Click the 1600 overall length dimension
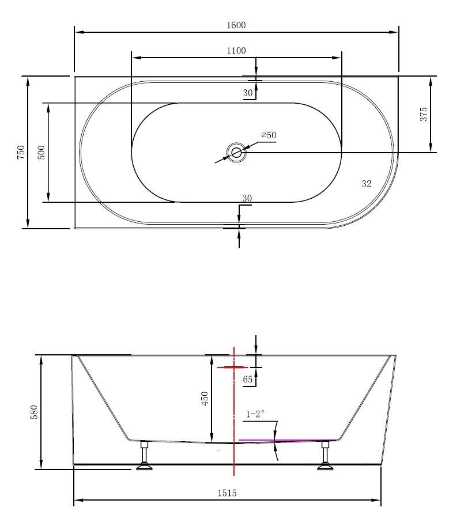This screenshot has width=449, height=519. (x=236, y=25)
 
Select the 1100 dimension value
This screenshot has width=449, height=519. (x=236, y=51)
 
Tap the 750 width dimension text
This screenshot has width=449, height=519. (x=21, y=152)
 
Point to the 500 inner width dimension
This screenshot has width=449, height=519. (x=41, y=152)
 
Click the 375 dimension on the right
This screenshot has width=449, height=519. (x=424, y=114)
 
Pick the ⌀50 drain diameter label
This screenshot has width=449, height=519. (x=269, y=135)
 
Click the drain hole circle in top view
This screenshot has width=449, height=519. (x=236, y=153)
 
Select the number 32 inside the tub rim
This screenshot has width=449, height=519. (x=366, y=184)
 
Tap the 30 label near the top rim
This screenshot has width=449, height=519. (x=248, y=93)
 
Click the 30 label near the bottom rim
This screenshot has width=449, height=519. (x=247, y=198)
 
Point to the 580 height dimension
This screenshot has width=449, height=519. (x=34, y=412)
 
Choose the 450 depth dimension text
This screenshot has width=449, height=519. (x=205, y=399)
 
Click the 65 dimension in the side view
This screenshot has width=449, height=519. (x=248, y=379)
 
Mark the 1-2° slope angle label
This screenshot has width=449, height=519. (x=255, y=414)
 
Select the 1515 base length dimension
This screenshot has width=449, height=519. (x=227, y=493)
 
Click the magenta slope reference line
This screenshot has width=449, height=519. (x=282, y=440)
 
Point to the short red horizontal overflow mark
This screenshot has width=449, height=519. (x=232, y=367)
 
